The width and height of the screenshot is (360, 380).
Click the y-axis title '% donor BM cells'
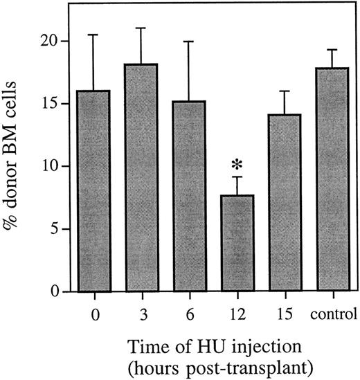click(x=17, y=166)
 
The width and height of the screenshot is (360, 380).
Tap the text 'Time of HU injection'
click(x=215, y=343)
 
